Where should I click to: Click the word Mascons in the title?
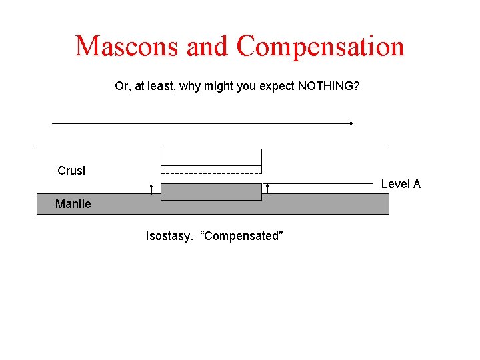click(127, 47)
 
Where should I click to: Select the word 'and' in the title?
click(207, 47)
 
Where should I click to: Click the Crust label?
click(71, 171)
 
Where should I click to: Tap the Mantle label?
click(73, 204)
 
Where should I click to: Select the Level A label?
click(401, 184)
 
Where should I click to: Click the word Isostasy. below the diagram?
click(169, 236)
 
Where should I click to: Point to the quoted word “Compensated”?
click(242, 236)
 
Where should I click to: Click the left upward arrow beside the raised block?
click(151, 189)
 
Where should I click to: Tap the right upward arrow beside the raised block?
click(267, 189)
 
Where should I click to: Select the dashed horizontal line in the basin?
click(211, 173)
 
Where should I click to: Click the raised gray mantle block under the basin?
click(211, 191)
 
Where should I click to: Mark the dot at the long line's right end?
click(351, 123)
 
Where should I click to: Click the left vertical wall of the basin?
click(161, 160)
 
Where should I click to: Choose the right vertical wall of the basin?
click(261, 160)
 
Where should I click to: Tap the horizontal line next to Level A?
click(320, 183)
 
